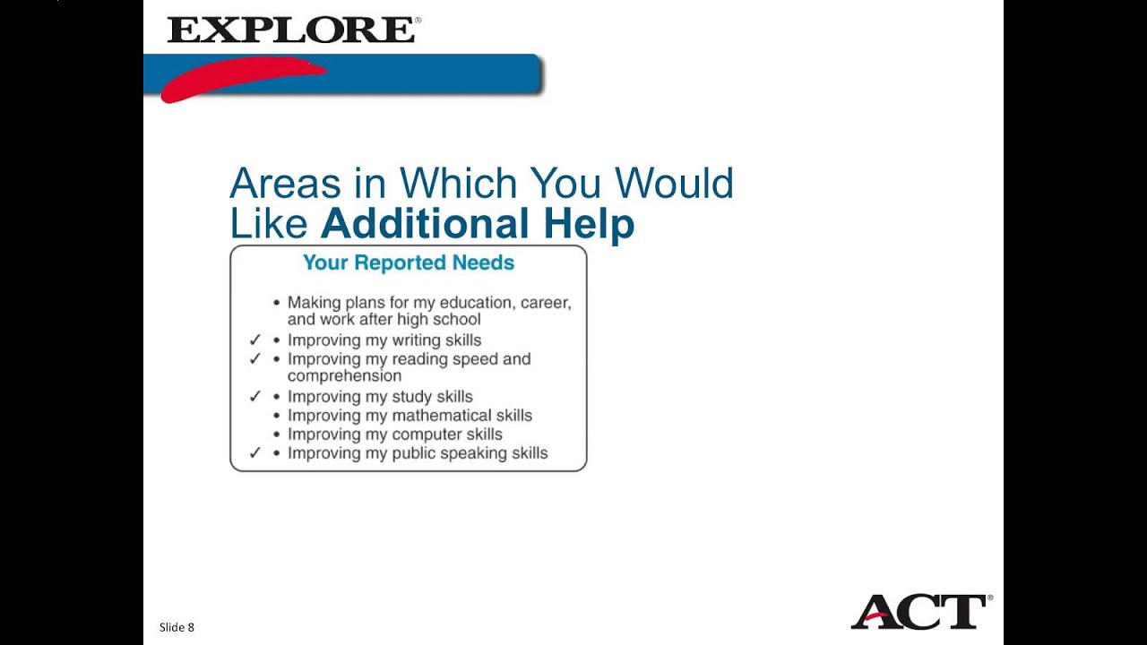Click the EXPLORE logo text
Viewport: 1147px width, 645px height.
[290, 30]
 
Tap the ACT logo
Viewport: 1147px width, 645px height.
[919, 612]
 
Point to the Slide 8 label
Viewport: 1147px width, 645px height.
[177, 627]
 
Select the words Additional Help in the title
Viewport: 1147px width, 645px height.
[478, 223]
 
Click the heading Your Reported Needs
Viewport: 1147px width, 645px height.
[408, 262]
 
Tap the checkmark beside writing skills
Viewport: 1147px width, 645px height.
[254, 340]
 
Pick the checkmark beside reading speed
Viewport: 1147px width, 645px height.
[254, 359]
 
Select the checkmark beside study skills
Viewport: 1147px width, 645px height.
[254, 396]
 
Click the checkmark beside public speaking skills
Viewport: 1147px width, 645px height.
[254, 453]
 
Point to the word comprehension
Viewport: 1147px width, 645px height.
[344, 376]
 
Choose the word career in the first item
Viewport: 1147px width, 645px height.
[545, 303]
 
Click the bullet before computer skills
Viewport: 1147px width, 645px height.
[277, 434]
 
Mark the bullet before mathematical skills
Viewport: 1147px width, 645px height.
[277, 416]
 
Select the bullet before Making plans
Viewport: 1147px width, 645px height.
[277, 303]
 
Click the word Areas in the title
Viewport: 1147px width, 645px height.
[285, 184]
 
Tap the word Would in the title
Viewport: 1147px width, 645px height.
[674, 184]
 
